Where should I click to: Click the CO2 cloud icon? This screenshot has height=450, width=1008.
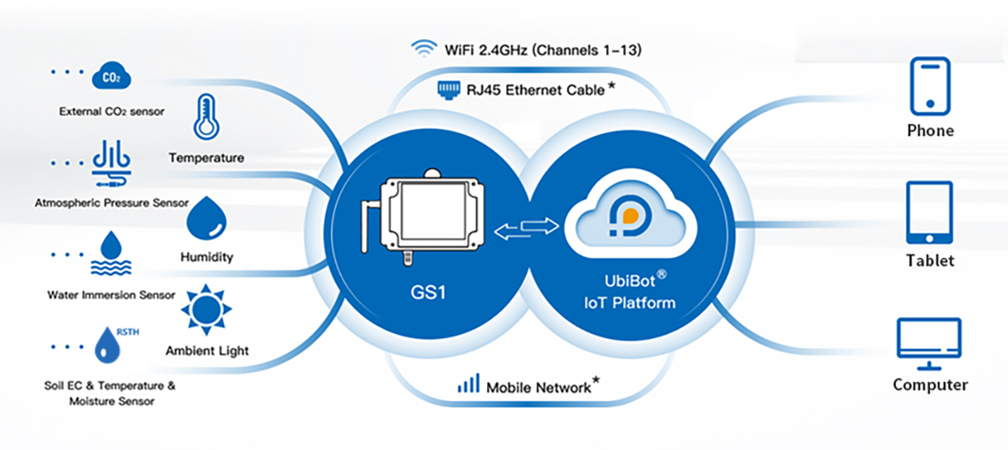(x=111, y=76)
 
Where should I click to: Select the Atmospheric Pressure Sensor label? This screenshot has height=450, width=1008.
(x=111, y=203)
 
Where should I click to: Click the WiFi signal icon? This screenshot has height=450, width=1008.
(x=423, y=49)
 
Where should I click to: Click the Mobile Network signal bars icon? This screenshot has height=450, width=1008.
(x=468, y=384)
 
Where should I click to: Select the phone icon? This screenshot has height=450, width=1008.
(x=929, y=85)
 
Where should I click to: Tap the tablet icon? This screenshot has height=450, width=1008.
(x=929, y=212)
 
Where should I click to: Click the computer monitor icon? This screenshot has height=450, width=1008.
(x=929, y=339)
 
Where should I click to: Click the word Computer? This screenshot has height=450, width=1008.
(x=930, y=385)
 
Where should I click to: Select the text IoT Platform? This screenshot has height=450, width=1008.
(x=629, y=303)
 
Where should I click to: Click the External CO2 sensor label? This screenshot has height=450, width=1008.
(x=111, y=112)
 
